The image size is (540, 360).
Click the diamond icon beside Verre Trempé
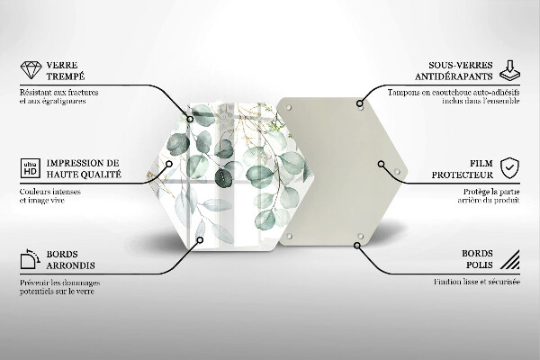pyautogui.click(x=29, y=69)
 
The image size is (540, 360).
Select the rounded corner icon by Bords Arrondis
pyautogui.click(x=28, y=260)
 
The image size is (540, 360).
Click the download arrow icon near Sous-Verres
pyautogui.click(x=509, y=68)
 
